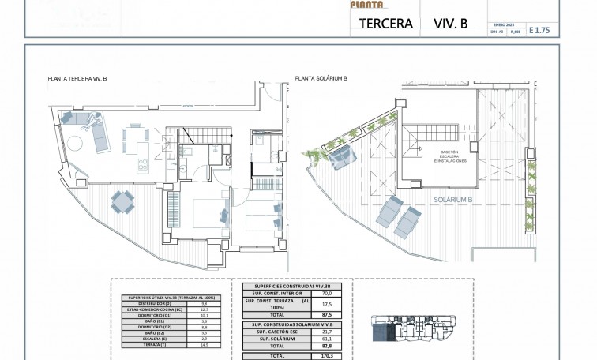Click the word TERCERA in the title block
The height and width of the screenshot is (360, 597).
[385, 24]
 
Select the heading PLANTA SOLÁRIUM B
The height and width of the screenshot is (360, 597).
[321, 79]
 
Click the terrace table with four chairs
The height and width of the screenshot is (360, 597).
[122, 203]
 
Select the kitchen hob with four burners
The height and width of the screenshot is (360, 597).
[144, 166]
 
